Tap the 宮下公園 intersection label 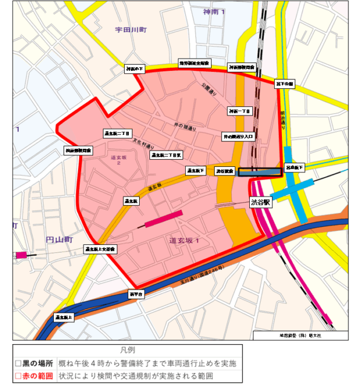(x=284, y=83)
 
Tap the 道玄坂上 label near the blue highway (x=64, y=316)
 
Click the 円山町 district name (x=59, y=240)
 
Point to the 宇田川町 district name (x=131, y=29)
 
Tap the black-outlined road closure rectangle (x=260, y=172)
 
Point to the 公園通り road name (x=209, y=89)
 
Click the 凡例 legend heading (x=127, y=351)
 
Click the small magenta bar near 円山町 (x=21, y=255)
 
